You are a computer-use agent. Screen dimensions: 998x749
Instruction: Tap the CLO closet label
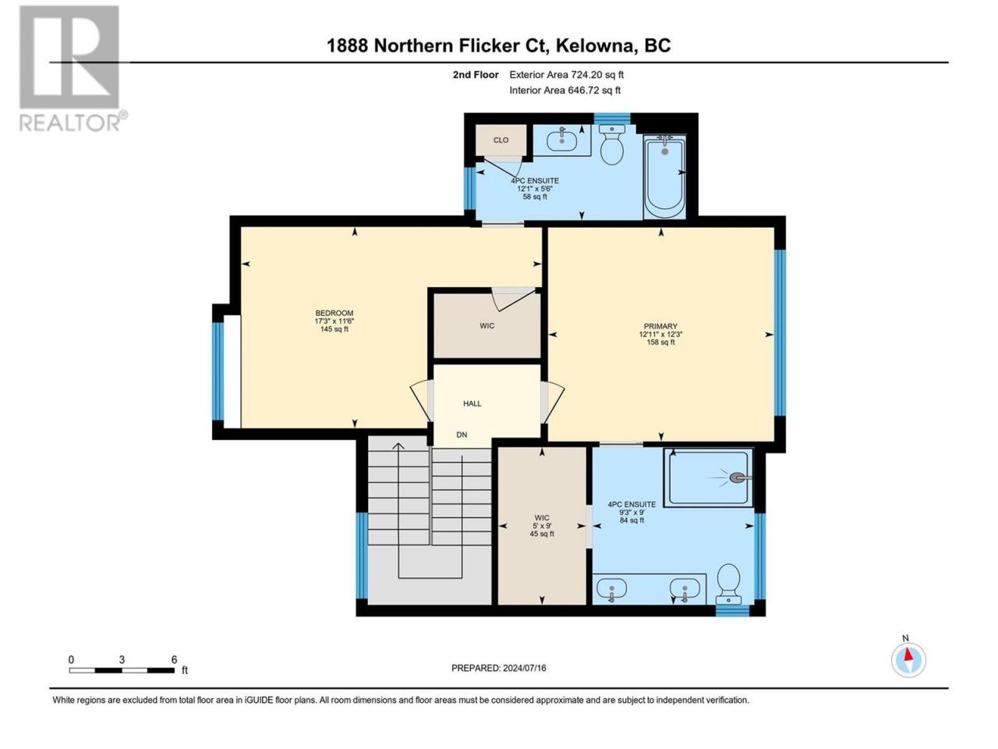coord(501,140)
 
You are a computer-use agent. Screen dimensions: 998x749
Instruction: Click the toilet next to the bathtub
coord(611,144)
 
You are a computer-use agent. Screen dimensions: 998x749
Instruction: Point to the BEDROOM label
coord(334,313)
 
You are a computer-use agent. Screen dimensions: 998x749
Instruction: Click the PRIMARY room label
coord(660,326)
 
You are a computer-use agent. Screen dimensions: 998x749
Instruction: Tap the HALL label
coord(472,403)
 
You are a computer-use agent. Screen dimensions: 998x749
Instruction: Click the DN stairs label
coord(462,435)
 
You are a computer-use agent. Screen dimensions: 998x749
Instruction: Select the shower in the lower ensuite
coord(709,478)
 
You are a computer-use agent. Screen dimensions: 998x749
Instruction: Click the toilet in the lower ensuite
coord(729,584)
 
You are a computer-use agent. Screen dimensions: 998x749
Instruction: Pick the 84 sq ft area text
coord(632,520)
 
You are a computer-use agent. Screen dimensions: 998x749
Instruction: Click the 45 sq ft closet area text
coord(542,534)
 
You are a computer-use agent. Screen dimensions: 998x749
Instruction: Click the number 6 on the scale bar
coord(174,659)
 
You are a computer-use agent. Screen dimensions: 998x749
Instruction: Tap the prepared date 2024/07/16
coord(524,668)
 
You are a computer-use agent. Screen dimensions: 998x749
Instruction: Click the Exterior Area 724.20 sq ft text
coord(567,75)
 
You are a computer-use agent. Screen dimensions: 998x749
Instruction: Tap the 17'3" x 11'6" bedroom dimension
coord(334,321)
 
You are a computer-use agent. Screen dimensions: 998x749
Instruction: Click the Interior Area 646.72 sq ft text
coord(564,90)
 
